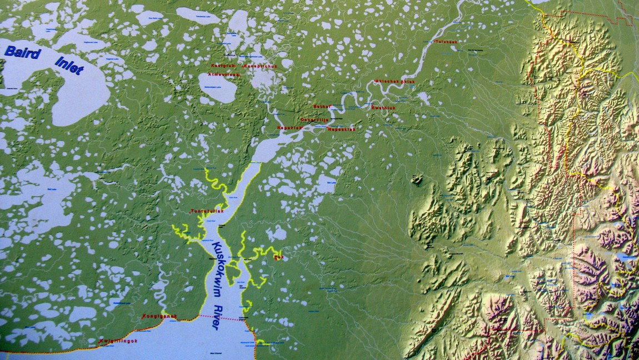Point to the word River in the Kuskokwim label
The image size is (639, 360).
coord(218,314)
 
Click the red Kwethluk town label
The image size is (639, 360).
coord(383,108)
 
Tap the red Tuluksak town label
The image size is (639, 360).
coord(446,42)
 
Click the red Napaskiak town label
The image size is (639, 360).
coord(342,129)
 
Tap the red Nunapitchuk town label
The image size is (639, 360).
coord(257,65)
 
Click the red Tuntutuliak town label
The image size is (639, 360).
coord(206,211)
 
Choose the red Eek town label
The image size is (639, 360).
coord(278,257)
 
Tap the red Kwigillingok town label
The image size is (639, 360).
coord(118,341)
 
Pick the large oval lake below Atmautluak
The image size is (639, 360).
coord(217,87)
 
